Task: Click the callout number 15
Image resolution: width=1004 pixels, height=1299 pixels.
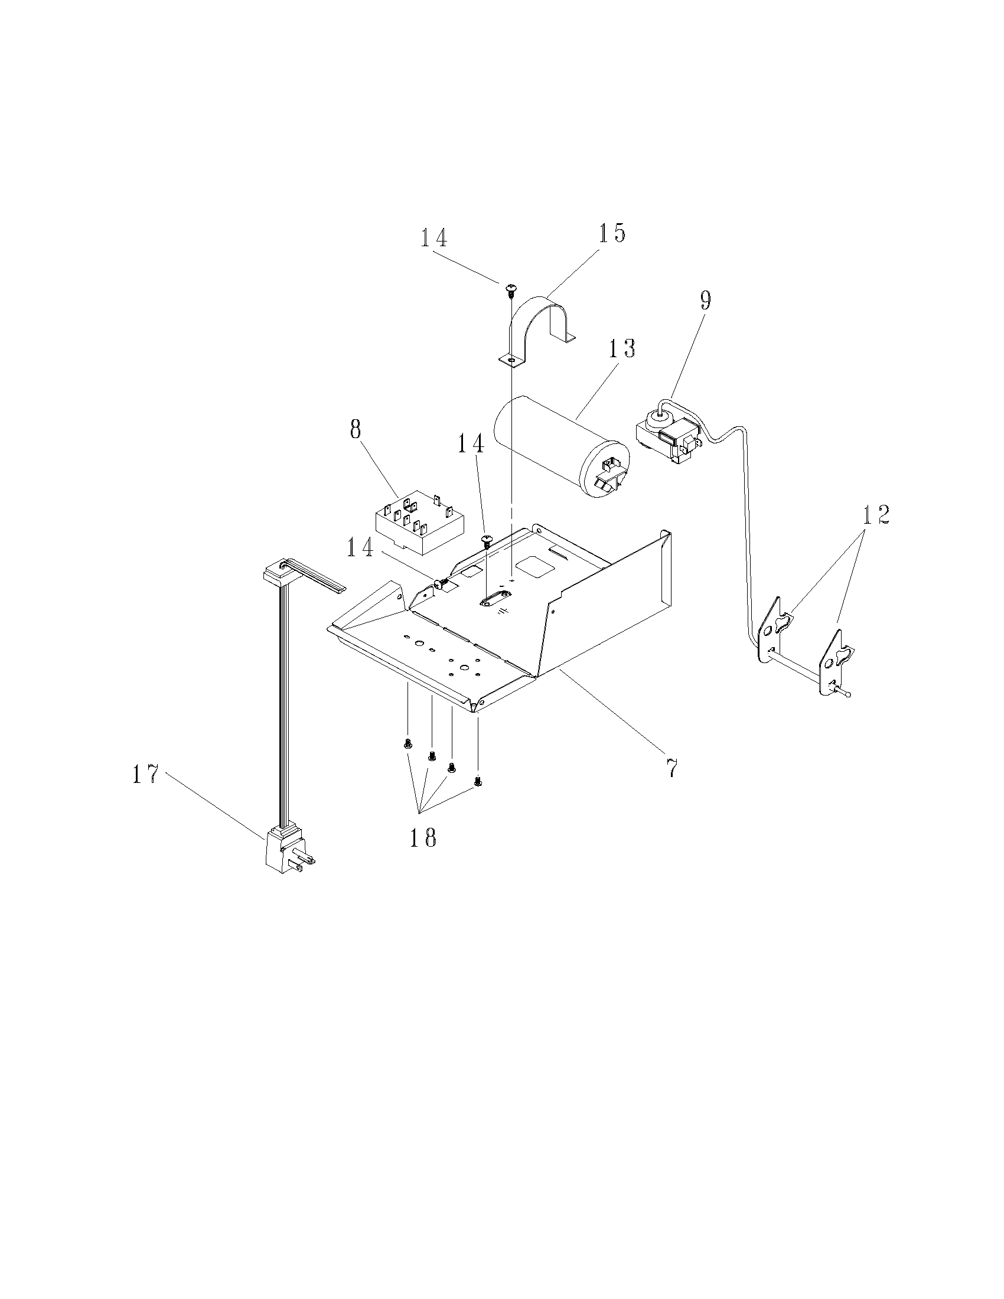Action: [x=611, y=233]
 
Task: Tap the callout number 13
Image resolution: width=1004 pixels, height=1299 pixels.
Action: [x=620, y=349]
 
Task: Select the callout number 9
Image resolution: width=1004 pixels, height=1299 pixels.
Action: [x=704, y=301]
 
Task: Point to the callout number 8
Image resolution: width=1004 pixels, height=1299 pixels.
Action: [x=355, y=429]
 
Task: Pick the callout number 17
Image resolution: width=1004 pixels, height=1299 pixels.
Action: [x=146, y=775]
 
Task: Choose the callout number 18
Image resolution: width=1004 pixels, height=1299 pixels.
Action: [x=422, y=837]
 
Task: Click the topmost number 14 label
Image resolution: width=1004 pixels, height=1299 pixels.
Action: [x=434, y=238]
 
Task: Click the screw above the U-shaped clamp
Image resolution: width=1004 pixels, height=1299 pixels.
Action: [x=510, y=291]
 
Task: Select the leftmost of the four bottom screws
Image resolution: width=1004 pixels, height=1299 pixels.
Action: [x=408, y=743]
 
